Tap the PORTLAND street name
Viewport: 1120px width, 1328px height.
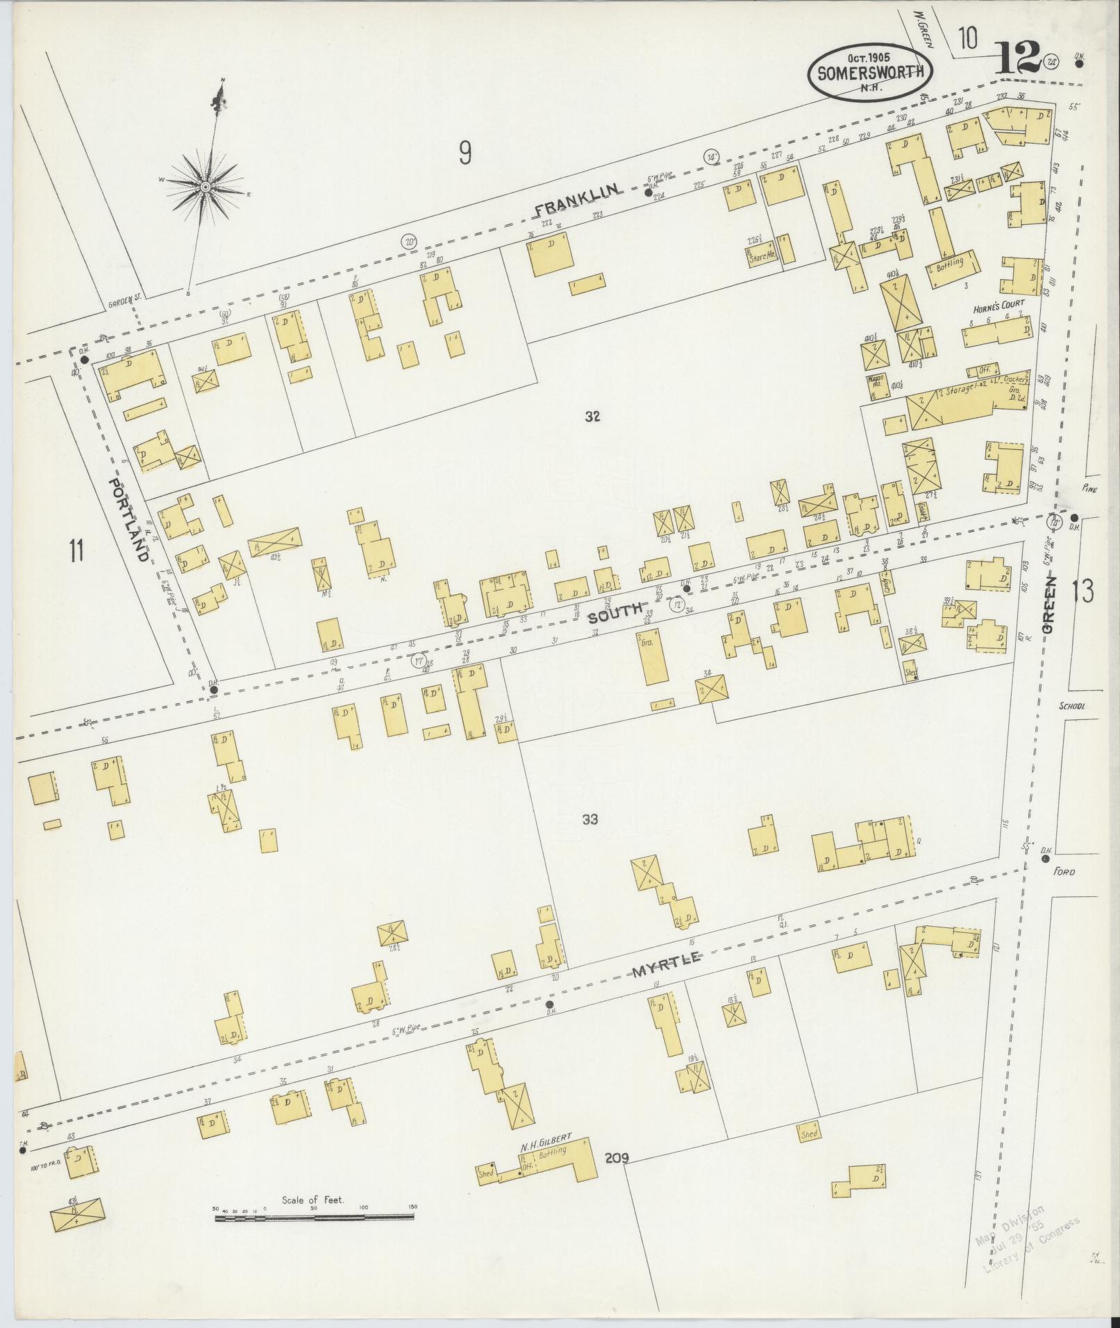point(128,519)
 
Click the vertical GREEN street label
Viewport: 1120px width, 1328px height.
point(1048,606)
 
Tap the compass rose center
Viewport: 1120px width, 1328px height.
point(206,187)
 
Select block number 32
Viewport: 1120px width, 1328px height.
point(592,417)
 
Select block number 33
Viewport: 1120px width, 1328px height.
point(590,820)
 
